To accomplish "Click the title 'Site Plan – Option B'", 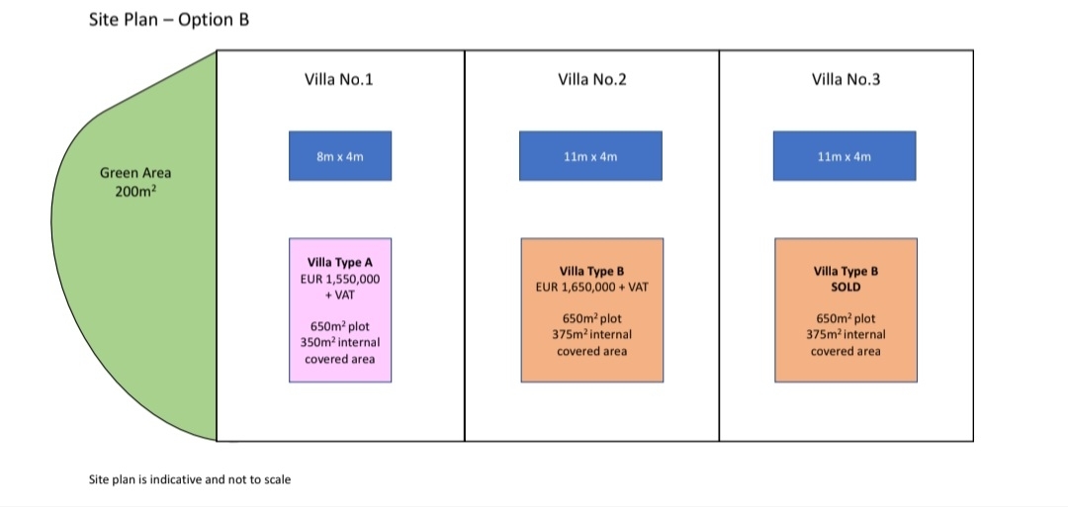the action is (169, 20).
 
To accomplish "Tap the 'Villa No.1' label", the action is (338, 80).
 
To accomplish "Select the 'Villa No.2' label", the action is (592, 80).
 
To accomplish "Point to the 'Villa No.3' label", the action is (845, 80).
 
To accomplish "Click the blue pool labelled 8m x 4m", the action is (340, 156).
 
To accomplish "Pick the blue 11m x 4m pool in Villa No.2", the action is (590, 156).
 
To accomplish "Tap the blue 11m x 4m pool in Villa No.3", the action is (845, 156).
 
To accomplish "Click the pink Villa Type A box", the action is (340, 309).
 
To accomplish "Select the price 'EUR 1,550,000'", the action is (340, 279).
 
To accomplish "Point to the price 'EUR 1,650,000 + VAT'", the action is (592, 288).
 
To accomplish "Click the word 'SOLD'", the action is (845, 288).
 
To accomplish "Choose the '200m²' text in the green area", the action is (135, 191).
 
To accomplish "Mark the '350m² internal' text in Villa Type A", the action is (340, 342).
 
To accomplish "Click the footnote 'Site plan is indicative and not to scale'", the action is (190, 479).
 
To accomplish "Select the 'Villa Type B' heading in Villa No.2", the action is (592, 271).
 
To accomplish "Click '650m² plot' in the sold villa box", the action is (845, 318).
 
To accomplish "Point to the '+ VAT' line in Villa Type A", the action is (340, 296).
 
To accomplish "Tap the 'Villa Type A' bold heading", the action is (340, 263).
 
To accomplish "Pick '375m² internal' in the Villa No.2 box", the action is (592, 335).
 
